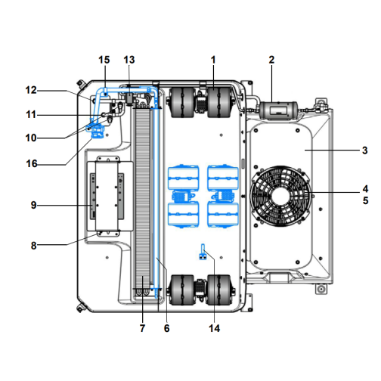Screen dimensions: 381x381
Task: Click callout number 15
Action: coord(104,60)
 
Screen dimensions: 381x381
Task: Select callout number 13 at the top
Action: coord(129,60)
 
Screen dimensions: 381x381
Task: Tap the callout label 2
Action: coord(271,60)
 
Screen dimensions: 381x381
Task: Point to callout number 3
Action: coord(365,150)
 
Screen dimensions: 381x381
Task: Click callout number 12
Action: coord(31,90)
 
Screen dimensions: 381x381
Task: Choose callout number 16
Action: coord(32,164)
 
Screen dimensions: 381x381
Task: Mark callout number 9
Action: coord(33,205)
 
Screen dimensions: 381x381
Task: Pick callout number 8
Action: coord(33,246)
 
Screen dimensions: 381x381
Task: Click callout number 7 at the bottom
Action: coord(142,328)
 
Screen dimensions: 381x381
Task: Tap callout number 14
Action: coord(214,328)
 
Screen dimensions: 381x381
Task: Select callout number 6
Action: coord(166,328)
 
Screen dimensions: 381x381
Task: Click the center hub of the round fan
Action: coord(280,197)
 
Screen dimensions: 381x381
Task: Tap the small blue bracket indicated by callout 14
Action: coord(203,252)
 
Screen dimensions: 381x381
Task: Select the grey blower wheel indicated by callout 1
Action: coord(218,102)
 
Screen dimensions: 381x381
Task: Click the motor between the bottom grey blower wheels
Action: coord(200,290)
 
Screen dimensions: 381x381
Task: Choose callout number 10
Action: coord(31,138)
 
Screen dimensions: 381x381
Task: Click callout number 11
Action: coord(31,115)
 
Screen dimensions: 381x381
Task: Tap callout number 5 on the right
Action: coord(365,200)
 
